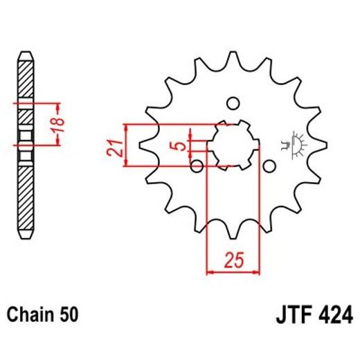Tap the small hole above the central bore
click(233, 104)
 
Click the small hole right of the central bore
click(269, 166)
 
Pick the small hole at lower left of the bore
click(197, 166)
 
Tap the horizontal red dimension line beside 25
click(233, 273)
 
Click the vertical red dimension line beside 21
click(126, 145)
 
